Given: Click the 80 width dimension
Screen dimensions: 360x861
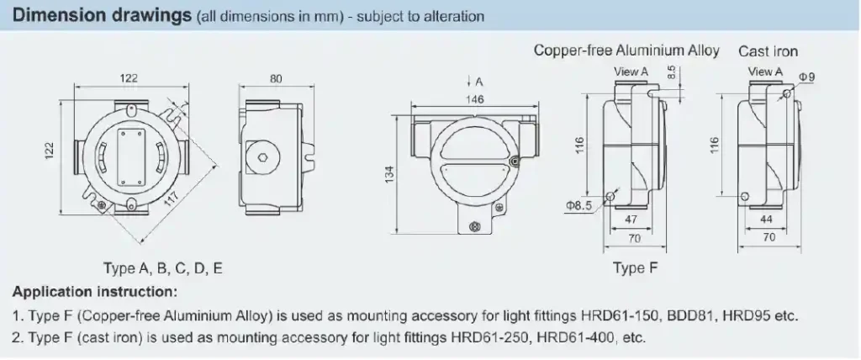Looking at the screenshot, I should (x=275, y=78).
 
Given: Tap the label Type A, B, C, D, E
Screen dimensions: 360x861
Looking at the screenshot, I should (x=163, y=269).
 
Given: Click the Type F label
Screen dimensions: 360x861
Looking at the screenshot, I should (x=628, y=269).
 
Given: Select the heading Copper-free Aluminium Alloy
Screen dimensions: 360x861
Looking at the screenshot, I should (x=626, y=51).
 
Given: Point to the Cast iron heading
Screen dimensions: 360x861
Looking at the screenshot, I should (x=768, y=51).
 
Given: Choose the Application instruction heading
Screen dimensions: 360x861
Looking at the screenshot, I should (x=94, y=292).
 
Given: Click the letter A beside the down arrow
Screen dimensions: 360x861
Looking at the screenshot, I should (x=479, y=82).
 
